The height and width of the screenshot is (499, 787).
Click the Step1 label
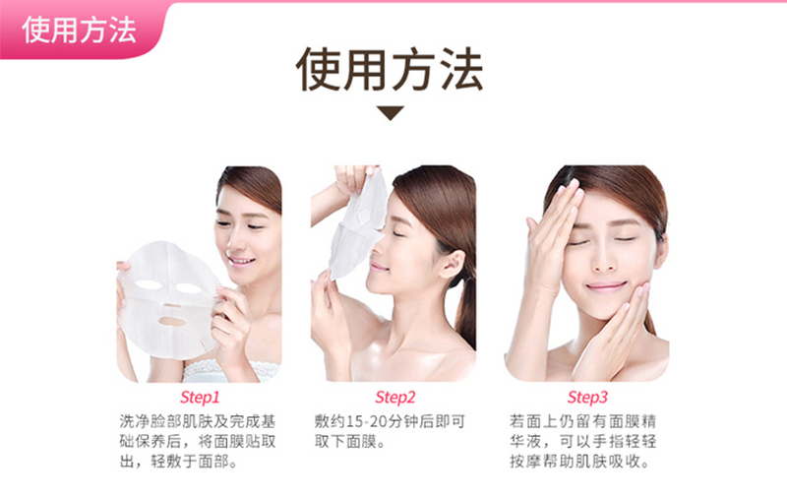(200, 397)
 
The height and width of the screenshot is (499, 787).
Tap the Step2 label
(395, 397)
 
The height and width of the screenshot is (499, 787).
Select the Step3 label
(586, 397)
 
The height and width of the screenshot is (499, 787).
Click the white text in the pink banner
(79, 30)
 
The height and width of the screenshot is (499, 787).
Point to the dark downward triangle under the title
(390, 112)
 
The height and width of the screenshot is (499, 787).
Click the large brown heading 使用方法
(390, 70)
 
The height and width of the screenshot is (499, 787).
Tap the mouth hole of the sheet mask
(172, 321)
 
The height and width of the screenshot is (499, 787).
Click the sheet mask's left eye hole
(149, 285)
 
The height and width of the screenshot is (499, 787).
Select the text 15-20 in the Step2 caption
(367, 421)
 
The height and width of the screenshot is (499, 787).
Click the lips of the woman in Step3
(606, 286)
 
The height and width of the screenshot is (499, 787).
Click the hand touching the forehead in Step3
(552, 236)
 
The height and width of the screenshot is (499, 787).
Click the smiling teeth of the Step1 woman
(240, 261)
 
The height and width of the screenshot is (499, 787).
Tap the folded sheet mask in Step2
(358, 226)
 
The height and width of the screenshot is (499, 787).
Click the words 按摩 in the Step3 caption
(525, 462)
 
